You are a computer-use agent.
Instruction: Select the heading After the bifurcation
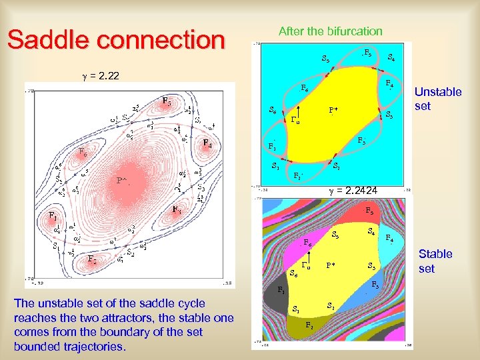click(x=330, y=31)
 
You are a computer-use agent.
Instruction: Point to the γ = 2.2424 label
click(x=353, y=191)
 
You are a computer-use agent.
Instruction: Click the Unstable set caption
click(x=437, y=99)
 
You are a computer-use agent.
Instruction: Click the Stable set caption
click(x=435, y=261)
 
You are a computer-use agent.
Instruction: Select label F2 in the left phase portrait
click(x=94, y=259)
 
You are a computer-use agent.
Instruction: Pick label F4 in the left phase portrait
click(x=208, y=143)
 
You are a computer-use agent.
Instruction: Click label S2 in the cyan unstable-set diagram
click(x=337, y=167)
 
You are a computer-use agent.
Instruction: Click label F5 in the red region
click(x=369, y=211)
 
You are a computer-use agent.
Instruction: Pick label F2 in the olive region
click(x=309, y=325)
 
